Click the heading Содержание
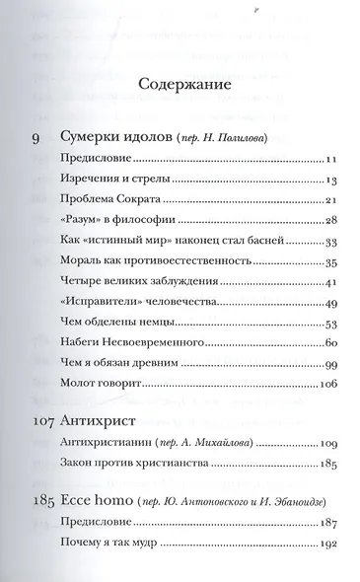point(179,84)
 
